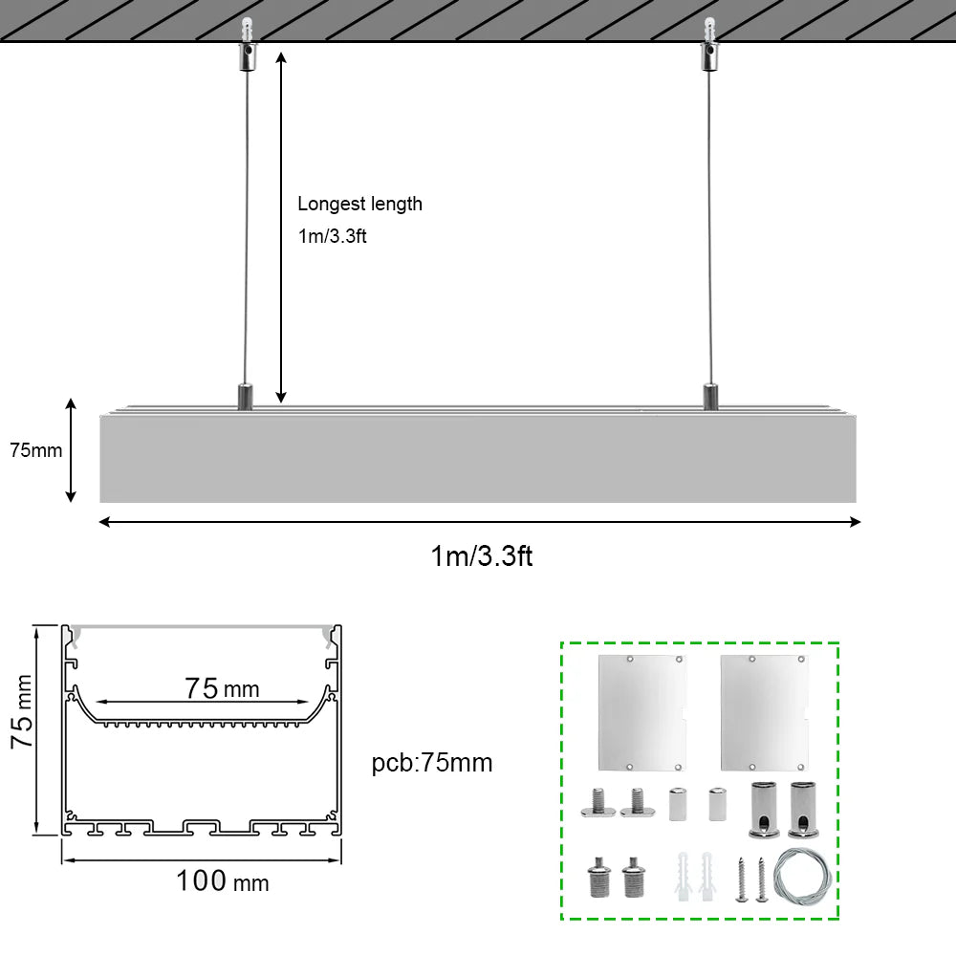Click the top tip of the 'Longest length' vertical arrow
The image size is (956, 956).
[x=281, y=53]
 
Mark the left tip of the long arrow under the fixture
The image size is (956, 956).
[x=99, y=522]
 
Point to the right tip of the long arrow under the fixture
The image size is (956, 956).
[x=860, y=522]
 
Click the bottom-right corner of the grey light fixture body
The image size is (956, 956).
[x=856, y=503]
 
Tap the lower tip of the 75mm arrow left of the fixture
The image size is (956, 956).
[x=71, y=502]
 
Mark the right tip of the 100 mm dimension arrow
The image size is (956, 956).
[x=339, y=860]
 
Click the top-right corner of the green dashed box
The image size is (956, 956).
[x=839, y=642]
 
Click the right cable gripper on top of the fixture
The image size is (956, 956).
[x=711, y=397]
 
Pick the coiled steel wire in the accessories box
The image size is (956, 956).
[x=802, y=878]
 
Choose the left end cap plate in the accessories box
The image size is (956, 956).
[x=642, y=713]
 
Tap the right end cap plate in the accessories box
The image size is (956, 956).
[x=764, y=713]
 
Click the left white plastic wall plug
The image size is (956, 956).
[x=684, y=877]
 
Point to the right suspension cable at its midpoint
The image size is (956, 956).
[x=709, y=228]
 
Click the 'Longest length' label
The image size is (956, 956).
[x=359, y=205]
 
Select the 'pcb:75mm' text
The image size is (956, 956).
[x=432, y=763]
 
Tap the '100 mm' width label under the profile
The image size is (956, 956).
[x=223, y=881]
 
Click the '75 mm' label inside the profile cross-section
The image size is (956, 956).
[x=223, y=689]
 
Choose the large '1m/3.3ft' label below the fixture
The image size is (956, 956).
[x=482, y=556]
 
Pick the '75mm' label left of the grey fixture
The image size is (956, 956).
[x=36, y=450]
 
